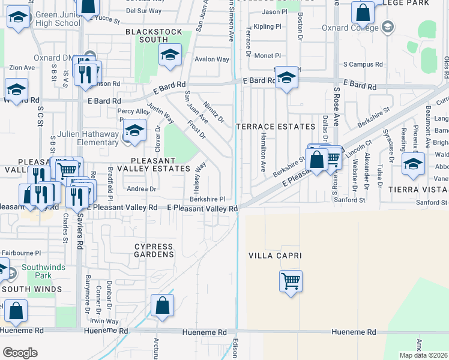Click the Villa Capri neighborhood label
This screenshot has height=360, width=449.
coord(275,256)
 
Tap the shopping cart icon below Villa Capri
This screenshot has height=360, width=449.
coord(291,280)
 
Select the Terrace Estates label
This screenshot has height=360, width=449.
coord(276,127)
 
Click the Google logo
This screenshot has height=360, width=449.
coord(20,353)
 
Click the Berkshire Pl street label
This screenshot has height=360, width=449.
coord(207,199)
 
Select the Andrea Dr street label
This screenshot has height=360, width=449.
coord(141,188)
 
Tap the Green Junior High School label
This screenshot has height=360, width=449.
coord(58,19)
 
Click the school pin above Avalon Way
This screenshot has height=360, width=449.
coord(170,55)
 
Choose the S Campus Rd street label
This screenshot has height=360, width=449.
coord(363,64)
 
